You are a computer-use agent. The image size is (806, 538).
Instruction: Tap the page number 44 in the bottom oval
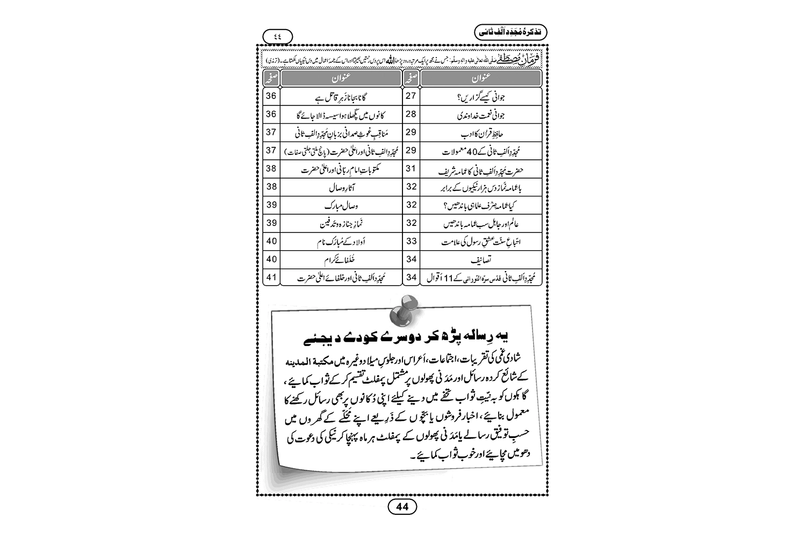point(402,506)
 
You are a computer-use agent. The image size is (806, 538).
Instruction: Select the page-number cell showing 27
point(411,96)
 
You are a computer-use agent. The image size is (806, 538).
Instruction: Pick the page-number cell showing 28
point(411,115)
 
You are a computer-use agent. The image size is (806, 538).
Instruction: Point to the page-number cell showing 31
point(411,169)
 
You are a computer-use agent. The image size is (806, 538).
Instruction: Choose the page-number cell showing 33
point(411,242)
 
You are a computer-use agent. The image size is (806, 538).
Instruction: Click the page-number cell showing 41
point(271,278)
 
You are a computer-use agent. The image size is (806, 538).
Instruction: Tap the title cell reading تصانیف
point(480,260)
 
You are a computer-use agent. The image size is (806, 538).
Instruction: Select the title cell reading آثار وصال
point(341,187)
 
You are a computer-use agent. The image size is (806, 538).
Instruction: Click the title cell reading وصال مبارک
point(341,206)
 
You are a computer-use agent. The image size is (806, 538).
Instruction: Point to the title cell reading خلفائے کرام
point(341,260)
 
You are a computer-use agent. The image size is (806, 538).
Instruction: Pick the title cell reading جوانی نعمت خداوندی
point(480,115)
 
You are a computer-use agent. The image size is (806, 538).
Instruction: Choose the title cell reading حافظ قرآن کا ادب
point(480,133)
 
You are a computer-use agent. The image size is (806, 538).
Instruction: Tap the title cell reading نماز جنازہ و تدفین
point(341,223)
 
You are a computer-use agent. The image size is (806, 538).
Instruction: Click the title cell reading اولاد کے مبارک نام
point(341,242)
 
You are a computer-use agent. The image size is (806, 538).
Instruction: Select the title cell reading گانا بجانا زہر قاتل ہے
point(341,96)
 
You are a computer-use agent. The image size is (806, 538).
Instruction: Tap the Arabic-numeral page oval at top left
point(278,36)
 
